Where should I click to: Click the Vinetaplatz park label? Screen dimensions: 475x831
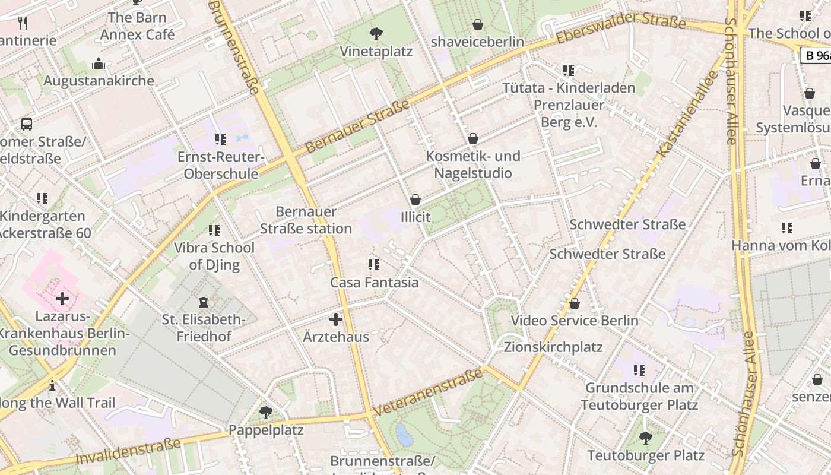click(376, 52)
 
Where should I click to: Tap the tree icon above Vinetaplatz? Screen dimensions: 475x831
click(376, 33)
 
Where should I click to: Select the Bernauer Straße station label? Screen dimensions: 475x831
click(306, 220)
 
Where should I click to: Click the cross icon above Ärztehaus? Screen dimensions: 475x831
click(336, 319)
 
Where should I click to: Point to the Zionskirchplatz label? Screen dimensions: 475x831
click(553, 347)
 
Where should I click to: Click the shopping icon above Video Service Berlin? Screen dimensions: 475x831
click(574, 304)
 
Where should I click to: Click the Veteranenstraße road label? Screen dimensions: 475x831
click(428, 392)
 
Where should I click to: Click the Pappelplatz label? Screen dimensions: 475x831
click(266, 430)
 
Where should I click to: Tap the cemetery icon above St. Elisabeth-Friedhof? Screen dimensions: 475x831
click(204, 302)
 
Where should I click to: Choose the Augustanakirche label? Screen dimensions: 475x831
click(99, 81)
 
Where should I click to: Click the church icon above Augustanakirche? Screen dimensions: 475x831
click(99, 64)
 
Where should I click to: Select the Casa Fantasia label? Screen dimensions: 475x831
click(374, 283)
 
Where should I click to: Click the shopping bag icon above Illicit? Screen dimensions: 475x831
click(415, 199)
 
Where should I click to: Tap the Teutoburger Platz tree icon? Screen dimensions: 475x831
click(645, 438)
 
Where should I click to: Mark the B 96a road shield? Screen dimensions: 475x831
click(816, 56)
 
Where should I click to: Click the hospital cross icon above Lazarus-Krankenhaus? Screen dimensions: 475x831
click(62, 298)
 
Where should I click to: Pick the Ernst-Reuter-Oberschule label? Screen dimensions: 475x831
click(221, 166)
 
